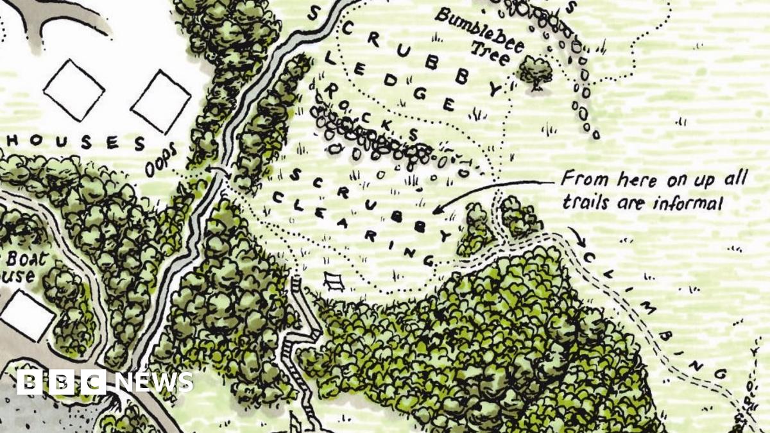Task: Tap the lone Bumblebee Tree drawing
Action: tap(535, 69)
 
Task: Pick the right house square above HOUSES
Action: tap(160, 101)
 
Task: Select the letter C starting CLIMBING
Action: tap(590, 258)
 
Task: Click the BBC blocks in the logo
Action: tap(61, 382)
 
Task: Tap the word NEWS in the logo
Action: tap(154, 382)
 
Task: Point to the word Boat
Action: tap(21, 259)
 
